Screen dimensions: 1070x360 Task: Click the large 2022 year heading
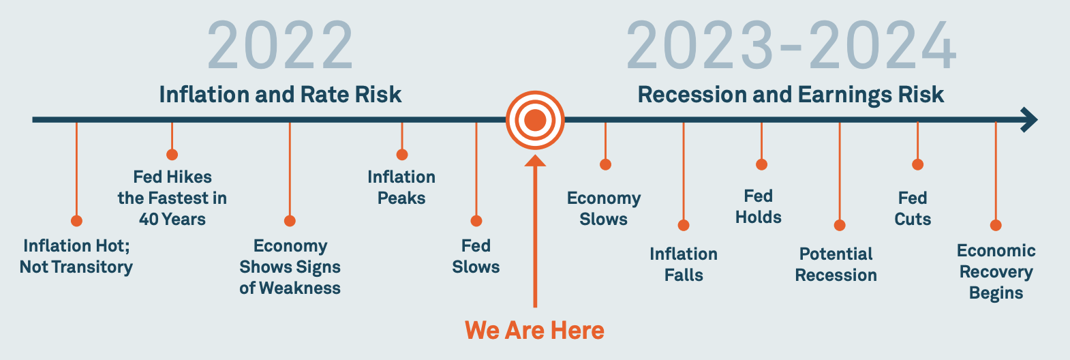pos(280,46)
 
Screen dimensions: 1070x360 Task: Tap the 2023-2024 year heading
pos(791,46)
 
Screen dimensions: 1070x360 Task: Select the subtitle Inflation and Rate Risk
pos(280,94)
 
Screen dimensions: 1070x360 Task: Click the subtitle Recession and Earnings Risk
pos(791,95)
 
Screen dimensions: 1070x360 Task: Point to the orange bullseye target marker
pos(535,120)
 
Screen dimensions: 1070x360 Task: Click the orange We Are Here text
pos(534,331)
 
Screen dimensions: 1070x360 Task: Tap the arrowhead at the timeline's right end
pos(1028,119)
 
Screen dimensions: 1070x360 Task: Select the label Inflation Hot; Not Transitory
pos(76,256)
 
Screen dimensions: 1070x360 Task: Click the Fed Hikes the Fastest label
pos(172,198)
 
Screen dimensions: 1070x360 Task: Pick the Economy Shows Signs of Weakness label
pos(290,267)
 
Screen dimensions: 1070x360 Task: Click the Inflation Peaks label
pos(401,187)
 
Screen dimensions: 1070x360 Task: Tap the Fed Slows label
pos(476,256)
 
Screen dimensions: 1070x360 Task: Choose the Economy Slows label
pos(604,209)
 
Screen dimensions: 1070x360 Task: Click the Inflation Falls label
pos(684,265)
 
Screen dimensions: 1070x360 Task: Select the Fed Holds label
pos(759,207)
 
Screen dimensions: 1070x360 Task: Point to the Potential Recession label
pos(836,265)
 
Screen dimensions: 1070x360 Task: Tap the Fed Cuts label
pos(913,209)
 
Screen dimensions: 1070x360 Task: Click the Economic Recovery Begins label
pos(996,271)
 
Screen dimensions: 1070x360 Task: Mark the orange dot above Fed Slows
pos(476,221)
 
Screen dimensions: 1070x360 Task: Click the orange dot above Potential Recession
pos(840,225)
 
